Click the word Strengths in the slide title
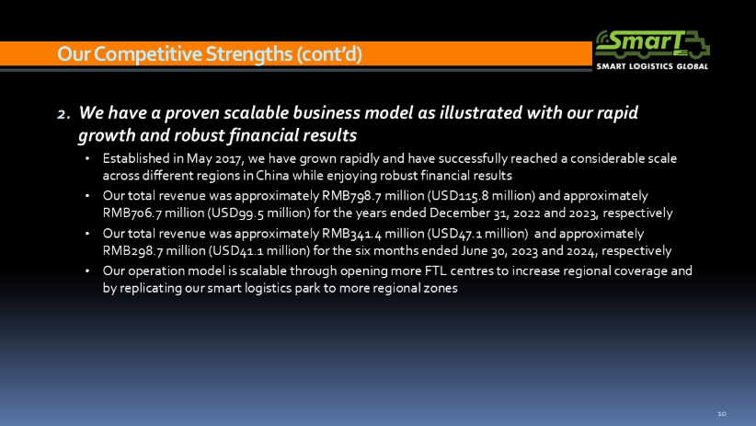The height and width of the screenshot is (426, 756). [249, 54]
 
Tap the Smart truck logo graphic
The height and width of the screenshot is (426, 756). [652, 45]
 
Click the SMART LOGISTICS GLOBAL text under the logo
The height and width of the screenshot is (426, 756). [652, 66]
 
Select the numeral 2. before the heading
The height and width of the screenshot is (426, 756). [63, 114]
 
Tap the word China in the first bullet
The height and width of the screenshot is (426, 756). [272, 175]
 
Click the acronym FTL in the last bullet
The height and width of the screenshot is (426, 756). [435, 271]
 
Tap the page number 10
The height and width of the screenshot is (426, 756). [722, 413]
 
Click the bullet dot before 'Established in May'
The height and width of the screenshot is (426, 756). [87, 159]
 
